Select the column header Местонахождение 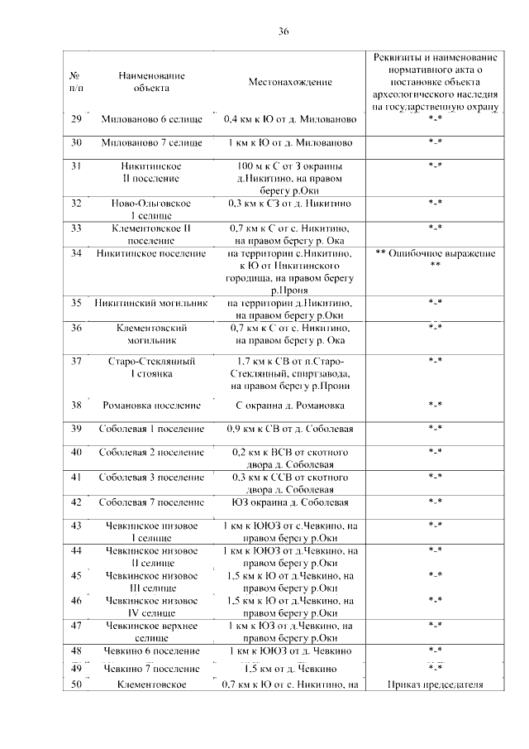pos(290,82)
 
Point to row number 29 pos(77,120)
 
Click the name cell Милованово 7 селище pos(151,143)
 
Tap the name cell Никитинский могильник pos(151,303)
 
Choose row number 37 pos(77,362)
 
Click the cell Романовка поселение pos(151,406)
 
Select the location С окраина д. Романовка pos(290,406)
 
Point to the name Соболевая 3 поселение pos(151,478)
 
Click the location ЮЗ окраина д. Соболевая pos(290,502)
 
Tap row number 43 pos(77,526)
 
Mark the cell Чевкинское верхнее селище pos(151,632)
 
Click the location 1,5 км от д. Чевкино pos(290,669)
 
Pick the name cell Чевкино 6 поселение pos(151,651)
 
